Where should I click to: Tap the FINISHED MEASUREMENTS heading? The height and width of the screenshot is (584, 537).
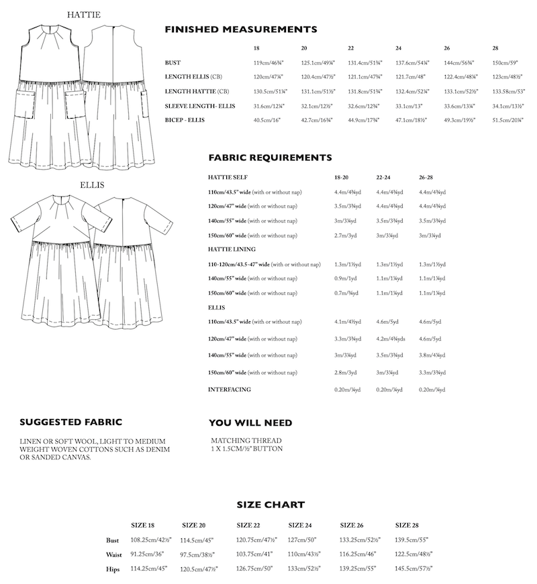(241, 30)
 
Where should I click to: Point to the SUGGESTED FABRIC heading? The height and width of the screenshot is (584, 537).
(70, 422)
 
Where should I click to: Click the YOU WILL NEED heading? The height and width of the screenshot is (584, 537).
(250, 422)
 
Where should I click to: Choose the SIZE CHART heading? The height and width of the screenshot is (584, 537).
(271, 504)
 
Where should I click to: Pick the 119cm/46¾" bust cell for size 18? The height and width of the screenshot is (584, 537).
(268, 62)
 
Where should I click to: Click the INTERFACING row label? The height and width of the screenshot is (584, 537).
(230, 390)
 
